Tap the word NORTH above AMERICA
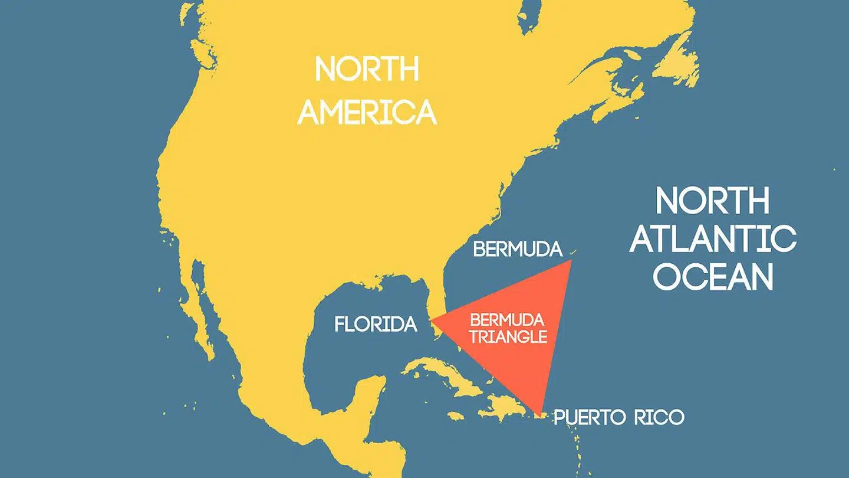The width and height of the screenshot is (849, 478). [x=367, y=70]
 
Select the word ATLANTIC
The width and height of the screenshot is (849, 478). [x=713, y=239]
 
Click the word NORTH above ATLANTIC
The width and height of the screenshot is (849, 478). [x=713, y=201]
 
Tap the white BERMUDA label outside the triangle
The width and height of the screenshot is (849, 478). [x=518, y=250]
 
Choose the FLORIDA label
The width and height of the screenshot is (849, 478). [x=376, y=324]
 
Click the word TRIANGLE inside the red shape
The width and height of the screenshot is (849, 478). [x=508, y=337]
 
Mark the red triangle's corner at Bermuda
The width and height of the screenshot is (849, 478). [x=571, y=261]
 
